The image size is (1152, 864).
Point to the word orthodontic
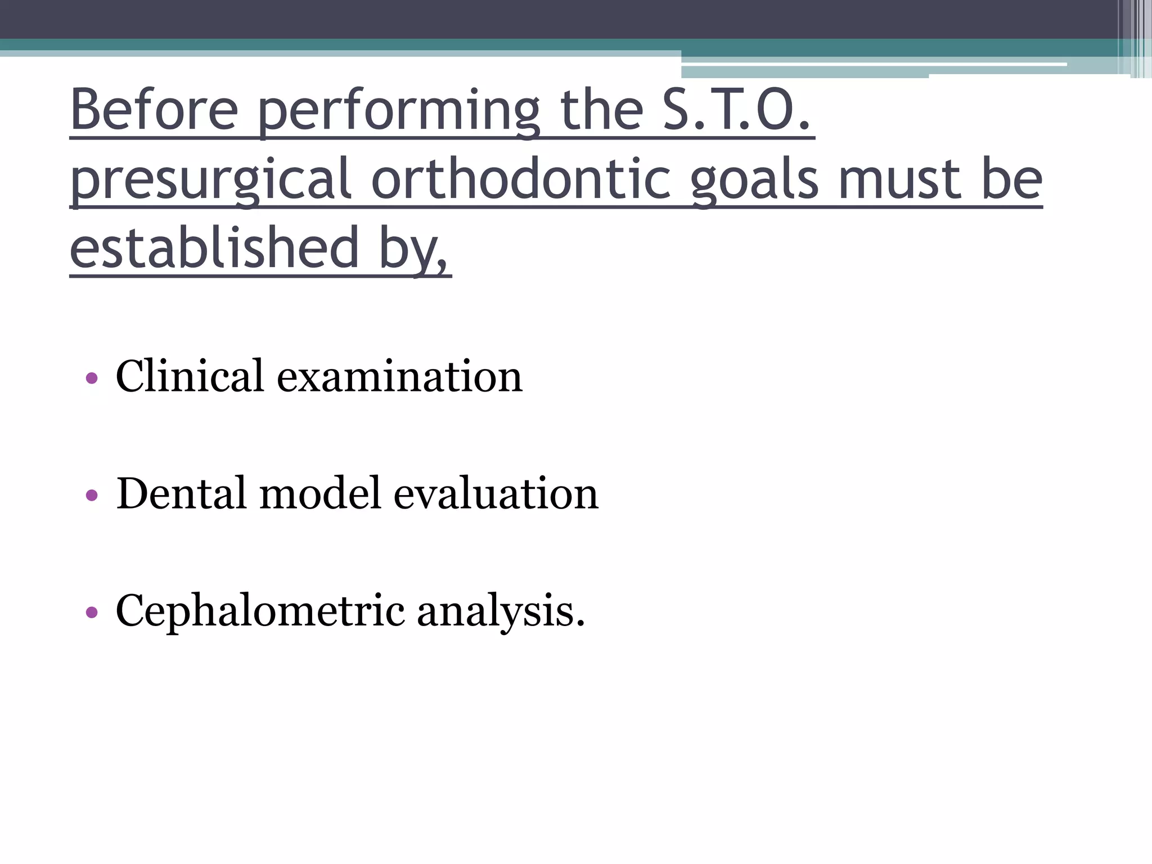click(521, 179)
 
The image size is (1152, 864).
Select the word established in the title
click(214, 247)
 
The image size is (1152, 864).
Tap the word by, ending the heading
click(415, 250)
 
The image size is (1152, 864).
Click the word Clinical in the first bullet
click(190, 376)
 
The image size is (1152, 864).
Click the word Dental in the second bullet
click(181, 493)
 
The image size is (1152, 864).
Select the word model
click(320, 493)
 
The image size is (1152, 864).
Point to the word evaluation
click(496, 493)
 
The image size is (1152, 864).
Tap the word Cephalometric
click(260, 611)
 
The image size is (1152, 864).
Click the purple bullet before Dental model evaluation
click(92, 496)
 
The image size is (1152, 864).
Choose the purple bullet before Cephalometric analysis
click(92, 613)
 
